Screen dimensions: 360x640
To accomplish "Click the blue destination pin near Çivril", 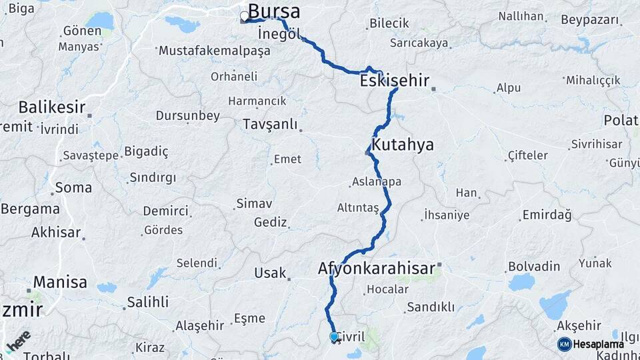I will click(334, 337).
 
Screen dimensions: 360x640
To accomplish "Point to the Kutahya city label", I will click(403, 145).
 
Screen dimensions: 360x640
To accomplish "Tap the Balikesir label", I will click(52, 107).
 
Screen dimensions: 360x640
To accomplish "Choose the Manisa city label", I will click(60, 281).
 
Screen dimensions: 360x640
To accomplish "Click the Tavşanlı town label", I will click(269, 124).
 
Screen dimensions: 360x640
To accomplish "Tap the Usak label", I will click(269, 273).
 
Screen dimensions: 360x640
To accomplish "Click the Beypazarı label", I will click(590, 20).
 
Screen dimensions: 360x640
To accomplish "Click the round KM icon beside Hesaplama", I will click(564, 344).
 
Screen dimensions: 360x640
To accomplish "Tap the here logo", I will click(18, 342).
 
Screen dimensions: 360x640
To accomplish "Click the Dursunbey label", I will click(187, 115).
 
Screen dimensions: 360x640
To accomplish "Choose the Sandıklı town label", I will click(430, 307).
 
